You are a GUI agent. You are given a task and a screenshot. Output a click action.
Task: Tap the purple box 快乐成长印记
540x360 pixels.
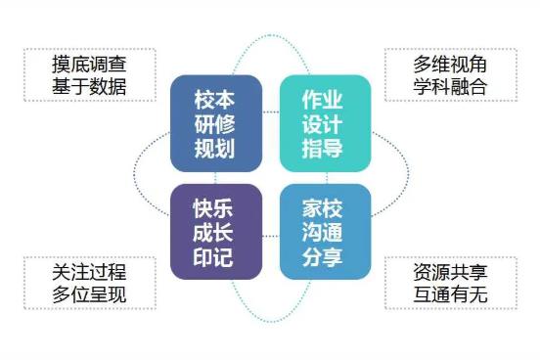[215, 234]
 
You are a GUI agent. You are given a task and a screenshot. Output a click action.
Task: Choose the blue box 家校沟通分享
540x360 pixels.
[325, 234]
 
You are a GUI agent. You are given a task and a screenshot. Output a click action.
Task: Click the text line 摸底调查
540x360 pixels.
[90, 65]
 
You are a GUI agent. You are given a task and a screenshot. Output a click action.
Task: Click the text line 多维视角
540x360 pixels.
[450, 65]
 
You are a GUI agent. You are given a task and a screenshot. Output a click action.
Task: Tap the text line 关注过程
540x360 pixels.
[90, 271]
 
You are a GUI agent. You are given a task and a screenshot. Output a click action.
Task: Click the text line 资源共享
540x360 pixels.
[450, 271]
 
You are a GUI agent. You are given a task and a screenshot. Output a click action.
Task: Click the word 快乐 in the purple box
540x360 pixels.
[215, 208]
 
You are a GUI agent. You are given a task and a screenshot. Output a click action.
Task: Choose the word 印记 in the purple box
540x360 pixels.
[215, 259]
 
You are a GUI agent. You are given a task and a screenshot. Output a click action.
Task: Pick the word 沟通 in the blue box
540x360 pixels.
[325, 234]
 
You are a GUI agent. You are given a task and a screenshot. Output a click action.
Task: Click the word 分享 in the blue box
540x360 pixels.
[325, 259]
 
